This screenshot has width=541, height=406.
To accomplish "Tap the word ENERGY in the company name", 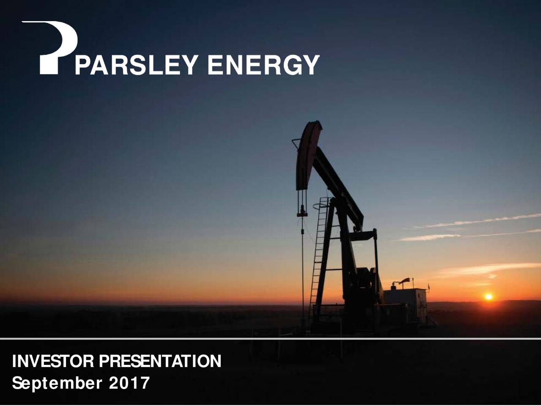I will (x=263, y=66).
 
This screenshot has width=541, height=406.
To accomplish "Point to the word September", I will (x=57, y=383).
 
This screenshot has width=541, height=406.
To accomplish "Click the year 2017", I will (x=129, y=383).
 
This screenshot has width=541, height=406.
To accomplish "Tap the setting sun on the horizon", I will (x=489, y=297).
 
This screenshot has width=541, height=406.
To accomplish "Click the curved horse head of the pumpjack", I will (x=307, y=154).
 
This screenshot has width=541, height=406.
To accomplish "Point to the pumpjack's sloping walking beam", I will (x=338, y=186).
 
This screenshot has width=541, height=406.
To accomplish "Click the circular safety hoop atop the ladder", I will (x=321, y=206).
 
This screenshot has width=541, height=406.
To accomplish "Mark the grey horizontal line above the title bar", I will (x=270, y=338).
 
